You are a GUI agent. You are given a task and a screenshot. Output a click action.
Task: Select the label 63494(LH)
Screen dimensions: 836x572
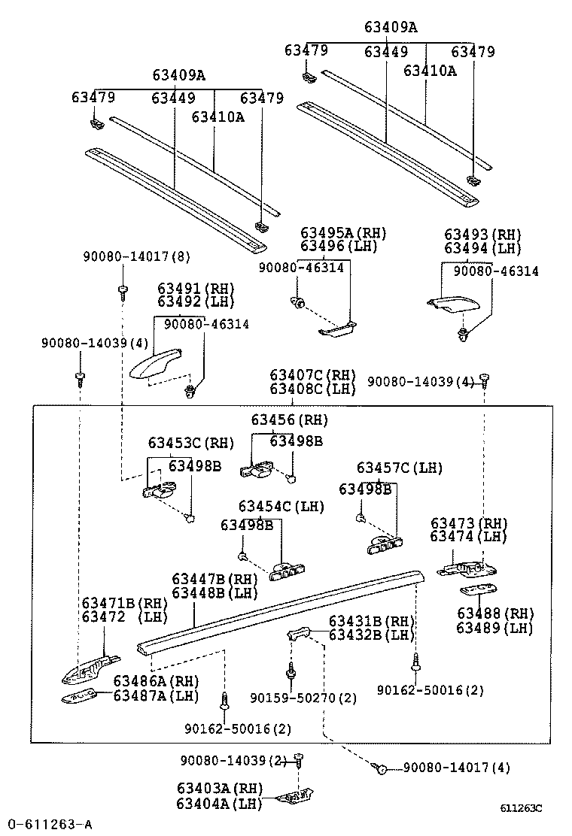click(x=482, y=248)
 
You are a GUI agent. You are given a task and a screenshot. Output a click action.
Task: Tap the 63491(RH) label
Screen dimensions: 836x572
click(x=196, y=289)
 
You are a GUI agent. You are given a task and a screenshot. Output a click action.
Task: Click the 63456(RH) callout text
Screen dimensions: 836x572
click(x=290, y=420)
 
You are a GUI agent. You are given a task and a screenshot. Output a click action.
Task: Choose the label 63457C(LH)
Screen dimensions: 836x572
click(x=400, y=468)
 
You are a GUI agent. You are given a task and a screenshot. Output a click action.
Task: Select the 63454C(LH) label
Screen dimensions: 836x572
click(x=281, y=506)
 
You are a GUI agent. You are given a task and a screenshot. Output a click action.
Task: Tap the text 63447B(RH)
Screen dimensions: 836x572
click(x=214, y=579)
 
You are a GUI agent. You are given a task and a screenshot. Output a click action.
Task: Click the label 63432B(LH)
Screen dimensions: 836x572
click(x=372, y=635)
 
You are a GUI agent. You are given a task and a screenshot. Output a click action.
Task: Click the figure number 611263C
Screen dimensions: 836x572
click(x=522, y=808)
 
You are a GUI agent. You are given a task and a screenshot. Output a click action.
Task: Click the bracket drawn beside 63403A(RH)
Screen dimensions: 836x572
click(x=298, y=795)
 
